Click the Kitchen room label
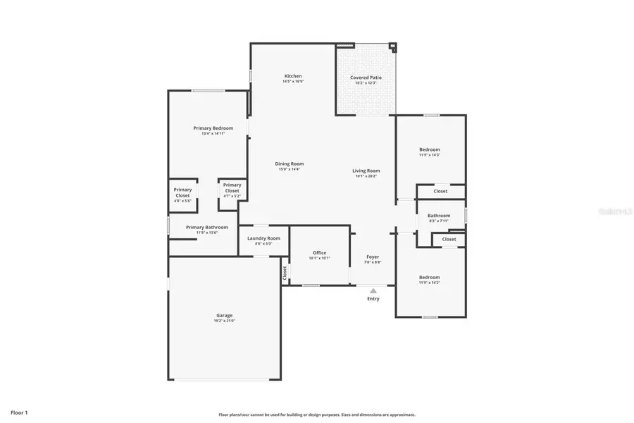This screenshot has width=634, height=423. tap(293, 76)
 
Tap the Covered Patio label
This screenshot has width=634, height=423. tap(366, 78)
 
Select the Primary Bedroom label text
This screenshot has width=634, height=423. tap(213, 128)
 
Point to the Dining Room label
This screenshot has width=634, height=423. tap(289, 164)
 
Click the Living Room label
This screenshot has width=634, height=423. tap(366, 171)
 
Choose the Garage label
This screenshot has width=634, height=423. tap(224, 315)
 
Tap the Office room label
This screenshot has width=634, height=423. tap(319, 252)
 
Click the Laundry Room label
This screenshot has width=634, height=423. tap(263, 238)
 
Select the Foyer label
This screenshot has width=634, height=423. tap(373, 257)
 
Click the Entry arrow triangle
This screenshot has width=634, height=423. tap(373, 290)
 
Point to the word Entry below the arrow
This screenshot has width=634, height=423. tap(373, 299)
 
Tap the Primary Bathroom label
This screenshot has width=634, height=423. tap(206, 227)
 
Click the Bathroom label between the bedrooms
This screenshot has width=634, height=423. tap(439, 216)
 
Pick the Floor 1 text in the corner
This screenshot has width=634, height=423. tap(19, 412)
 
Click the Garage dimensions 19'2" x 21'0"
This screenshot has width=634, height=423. tap(224, 321)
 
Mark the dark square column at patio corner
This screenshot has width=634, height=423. tap(393, 48)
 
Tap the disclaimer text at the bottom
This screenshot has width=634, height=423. tap(317, 415)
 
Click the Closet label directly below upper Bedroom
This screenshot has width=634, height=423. tap(440, 191)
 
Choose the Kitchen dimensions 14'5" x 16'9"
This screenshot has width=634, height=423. tap(293, 82)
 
